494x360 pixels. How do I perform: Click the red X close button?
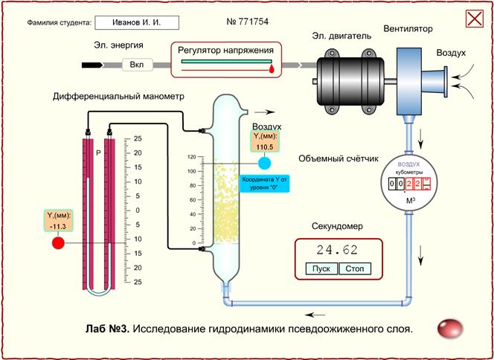474,19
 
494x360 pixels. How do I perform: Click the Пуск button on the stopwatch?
321,269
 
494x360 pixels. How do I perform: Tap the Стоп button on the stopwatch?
355,269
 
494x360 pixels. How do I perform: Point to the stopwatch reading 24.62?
337,250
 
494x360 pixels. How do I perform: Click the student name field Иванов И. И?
139,23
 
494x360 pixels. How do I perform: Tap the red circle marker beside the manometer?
59,242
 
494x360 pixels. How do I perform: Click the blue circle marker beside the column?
265,163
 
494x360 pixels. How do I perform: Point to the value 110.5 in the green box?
265,147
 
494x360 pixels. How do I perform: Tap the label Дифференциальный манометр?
118,97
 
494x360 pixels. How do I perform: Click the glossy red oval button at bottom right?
450,327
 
